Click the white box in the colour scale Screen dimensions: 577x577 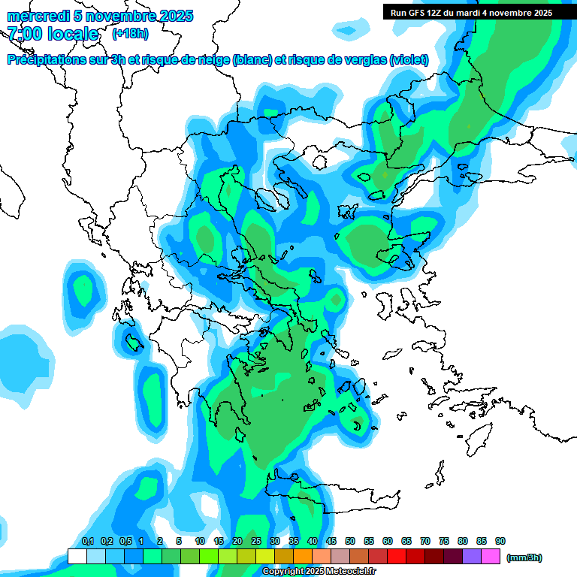coord(77,557)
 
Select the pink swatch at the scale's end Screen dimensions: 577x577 coord(491,557)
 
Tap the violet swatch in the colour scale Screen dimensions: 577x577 coord(472,557)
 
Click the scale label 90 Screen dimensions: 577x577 coord(500,541)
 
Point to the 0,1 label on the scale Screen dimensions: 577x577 coord(87,541)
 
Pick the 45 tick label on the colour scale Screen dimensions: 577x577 coord(331,541)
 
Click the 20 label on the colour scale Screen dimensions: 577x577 coord(237,541)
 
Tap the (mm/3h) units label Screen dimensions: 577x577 coord(524,557)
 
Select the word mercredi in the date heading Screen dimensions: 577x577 coord(35,16)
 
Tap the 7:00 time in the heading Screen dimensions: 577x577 coord(23,34)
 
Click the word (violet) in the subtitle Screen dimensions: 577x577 coord(409,60)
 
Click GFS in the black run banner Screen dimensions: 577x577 coord(418,13)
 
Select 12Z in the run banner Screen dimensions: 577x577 coord(441,13)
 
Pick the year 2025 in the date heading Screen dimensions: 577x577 coord(173,16)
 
